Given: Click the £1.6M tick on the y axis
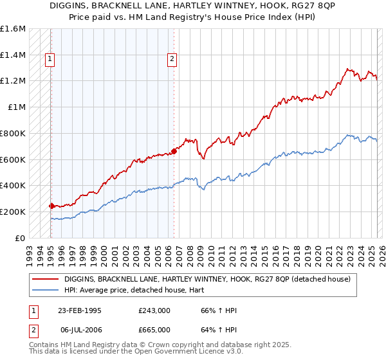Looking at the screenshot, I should click(x=12, y=29).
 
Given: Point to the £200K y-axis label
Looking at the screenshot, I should click(x=12, y=212).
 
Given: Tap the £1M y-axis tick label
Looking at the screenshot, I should click(x=17, y=107).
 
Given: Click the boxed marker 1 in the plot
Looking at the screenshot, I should click(x=50, y=60).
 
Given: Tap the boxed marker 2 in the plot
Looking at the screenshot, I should click(x=172, y=60).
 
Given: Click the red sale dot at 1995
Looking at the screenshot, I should click(x=51, y=206).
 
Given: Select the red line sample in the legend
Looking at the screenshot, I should click(x=46, y=279).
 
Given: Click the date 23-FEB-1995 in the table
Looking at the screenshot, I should click(x=80, y=310).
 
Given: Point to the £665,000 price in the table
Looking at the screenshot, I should click(x=154, y=329).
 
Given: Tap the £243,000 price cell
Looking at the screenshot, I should click(x=154, y=310).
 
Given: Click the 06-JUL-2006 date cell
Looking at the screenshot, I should click(x=80, y=329).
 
